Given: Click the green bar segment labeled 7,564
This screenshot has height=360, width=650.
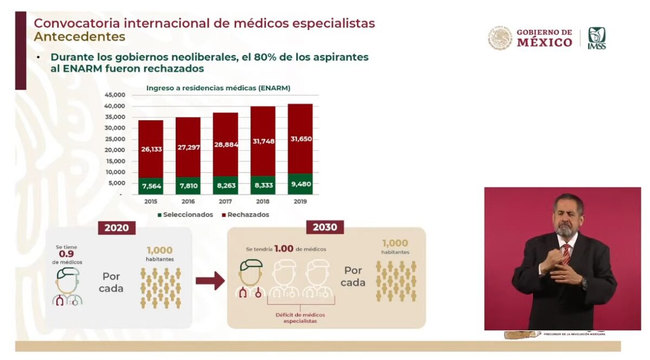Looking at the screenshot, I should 151,186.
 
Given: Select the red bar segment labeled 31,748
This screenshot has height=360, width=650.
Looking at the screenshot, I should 263,142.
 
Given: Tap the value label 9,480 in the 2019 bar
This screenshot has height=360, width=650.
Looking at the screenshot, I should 300,185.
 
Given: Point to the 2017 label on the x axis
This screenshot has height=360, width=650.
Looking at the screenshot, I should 225,201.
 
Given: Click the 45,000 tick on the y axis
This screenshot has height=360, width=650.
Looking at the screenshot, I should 114,95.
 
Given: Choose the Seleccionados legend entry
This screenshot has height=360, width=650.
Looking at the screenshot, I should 185,215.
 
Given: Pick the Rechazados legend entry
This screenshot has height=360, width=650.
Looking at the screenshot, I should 245,215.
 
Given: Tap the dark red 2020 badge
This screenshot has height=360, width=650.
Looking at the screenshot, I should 116,227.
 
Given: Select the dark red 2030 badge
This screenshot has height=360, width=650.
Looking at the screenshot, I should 325,227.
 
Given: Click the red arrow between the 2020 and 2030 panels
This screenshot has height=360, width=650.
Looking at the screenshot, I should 210,280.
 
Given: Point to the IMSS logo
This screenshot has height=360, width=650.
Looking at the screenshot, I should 597,38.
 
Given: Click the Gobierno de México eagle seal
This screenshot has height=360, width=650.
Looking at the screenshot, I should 499,38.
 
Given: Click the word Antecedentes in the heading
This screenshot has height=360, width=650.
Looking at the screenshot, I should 80,37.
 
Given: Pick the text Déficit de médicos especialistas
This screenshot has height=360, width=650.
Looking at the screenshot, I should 296,318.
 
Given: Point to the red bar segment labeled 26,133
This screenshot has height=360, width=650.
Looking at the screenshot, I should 151,149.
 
